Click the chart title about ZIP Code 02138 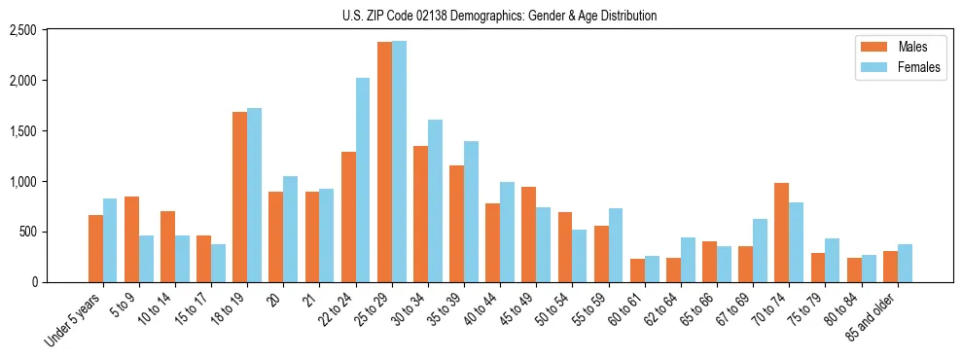[x=499, y=16]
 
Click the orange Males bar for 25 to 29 [x=384, y=162]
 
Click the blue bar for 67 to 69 [x=760, y=250]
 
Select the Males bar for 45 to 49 [x=528, y=234]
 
